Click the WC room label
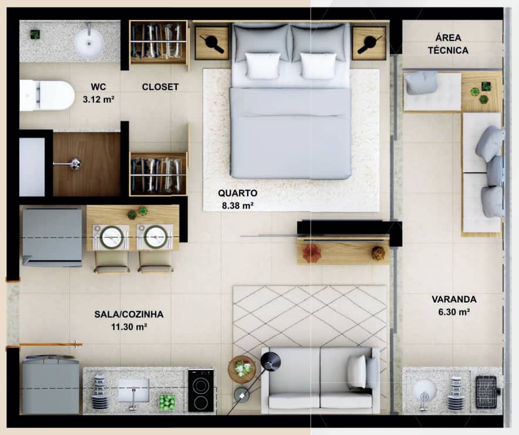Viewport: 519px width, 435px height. pyautogui.click(x=99, y=87)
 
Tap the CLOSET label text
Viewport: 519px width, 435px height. pyautogui.click(x=160, y=87)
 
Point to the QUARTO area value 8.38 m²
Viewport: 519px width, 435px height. pyautogui.click(x=238, y=206)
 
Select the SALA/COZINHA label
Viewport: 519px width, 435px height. pyautogui.click(x=129, y=314)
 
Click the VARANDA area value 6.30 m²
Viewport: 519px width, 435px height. pyautogui.click(x=454, y=312)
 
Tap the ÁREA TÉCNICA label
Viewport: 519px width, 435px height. pyautogui.click(x=448, y=44)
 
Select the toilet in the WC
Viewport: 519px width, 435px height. pyautogui.click(x=47, y=96)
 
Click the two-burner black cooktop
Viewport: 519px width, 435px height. pyautogui.click(x=201, y=390)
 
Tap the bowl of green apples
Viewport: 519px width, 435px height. pyautogui.click(x=167, y=402)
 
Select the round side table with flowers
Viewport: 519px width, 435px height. pyautogui.click(x=242, y=369)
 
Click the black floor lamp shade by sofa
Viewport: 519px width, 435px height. pyautogui.click(x=271, y=362)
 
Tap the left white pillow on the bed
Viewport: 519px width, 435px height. pyautogui.click(x=263, y=66)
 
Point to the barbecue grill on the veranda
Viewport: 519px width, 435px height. pyautogui.click(x=487, y=392)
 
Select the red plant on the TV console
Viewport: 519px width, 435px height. pyautogui.click(x=311, y=253)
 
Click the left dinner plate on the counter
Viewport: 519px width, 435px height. pyautogui.click(x=112, y=237)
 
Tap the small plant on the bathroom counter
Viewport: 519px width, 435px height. pyautogui.click(x=35, y=35)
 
